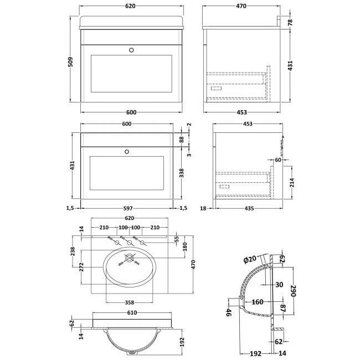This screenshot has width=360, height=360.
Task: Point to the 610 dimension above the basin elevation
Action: [x=131, y=313]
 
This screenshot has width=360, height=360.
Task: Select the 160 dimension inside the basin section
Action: [x=257, y=302]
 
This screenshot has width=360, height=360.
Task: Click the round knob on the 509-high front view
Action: [x=131, y=49]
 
